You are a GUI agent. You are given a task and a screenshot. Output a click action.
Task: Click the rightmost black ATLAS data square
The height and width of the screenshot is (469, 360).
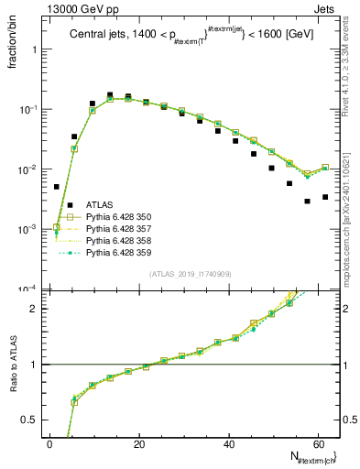point(325,197)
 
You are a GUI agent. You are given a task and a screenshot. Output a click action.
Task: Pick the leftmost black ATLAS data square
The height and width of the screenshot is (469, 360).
point(57,186)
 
